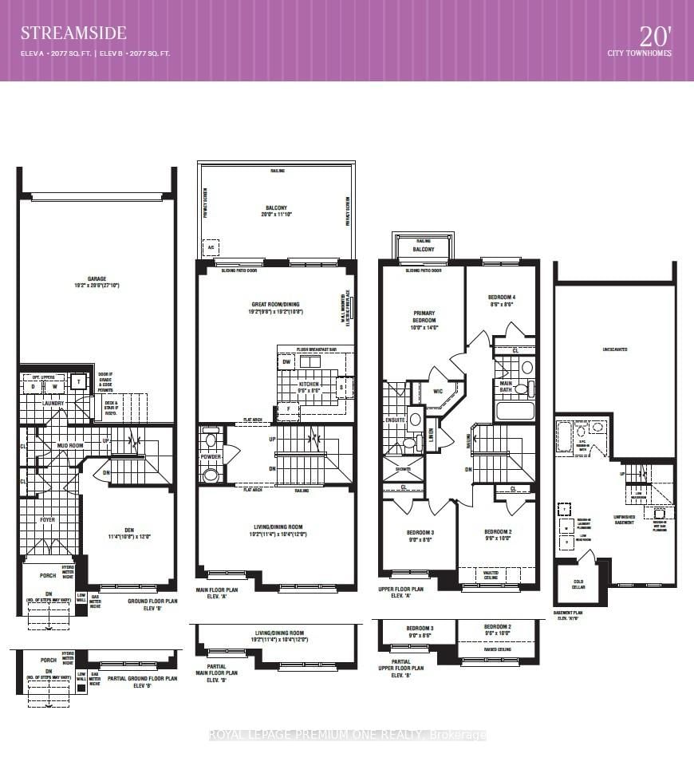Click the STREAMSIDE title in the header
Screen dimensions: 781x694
[x=73, y=33]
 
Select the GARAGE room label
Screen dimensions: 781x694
[x=97, y=280]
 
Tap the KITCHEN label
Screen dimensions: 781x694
[x=308, y=384]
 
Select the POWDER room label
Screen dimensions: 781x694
[x=210, y=456]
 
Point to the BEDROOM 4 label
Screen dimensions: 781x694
[x=500, y=298]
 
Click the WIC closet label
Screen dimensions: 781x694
[x=436, y=392]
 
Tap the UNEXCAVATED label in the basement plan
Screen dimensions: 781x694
[x=613, y=349]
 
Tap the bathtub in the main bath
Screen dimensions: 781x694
[x=515, y=411]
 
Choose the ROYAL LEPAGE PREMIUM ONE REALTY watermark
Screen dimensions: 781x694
[x=347, y=735]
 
